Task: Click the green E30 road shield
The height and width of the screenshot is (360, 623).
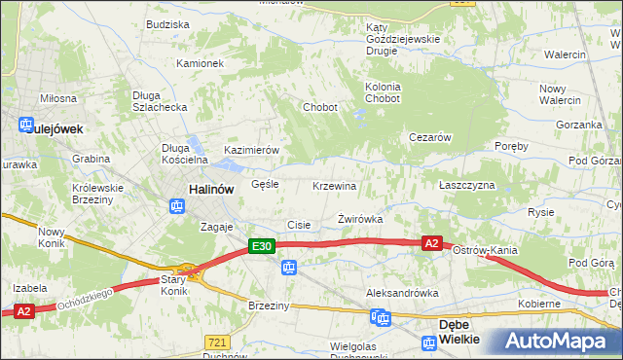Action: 260,247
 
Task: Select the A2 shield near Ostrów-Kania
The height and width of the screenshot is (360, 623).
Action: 433,243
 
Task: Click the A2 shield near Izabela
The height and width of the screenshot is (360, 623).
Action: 24,310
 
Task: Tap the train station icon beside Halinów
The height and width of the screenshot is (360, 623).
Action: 177,206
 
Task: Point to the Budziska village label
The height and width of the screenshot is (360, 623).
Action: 167,24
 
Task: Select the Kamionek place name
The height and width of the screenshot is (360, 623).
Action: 200,63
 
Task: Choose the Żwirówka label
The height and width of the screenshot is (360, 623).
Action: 359,219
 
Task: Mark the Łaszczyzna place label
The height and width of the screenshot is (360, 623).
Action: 466,185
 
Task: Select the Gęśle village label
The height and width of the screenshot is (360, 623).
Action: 265,183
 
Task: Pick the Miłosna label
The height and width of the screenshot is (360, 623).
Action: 57,98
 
